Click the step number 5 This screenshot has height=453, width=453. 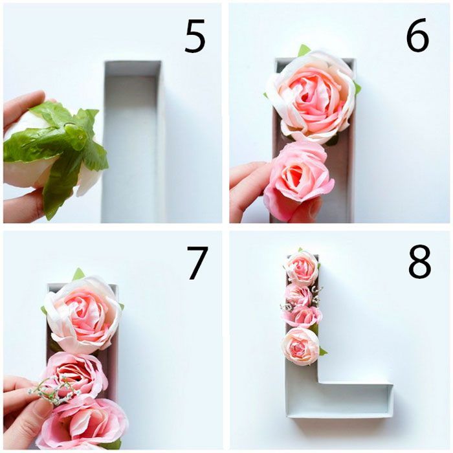195,36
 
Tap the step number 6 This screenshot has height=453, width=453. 417,35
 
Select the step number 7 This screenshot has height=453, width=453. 197,262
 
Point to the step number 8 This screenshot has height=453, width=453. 420,261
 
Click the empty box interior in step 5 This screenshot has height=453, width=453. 131,144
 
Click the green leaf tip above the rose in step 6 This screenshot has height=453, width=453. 304,50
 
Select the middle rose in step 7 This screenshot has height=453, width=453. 76,375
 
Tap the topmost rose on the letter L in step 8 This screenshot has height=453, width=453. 302,267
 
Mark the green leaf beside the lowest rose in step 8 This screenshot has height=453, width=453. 323,351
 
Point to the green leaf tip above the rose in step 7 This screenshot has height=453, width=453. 78,274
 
